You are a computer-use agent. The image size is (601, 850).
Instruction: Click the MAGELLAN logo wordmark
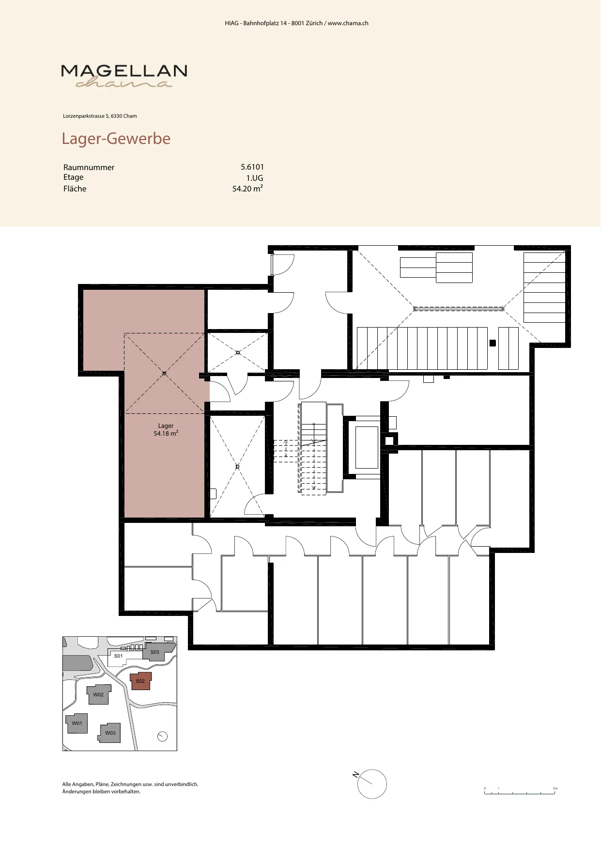coord(124,71)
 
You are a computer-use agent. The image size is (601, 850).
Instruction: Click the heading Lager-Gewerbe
coord(116,139)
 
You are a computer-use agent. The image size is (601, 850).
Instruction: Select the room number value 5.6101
coord(252,167)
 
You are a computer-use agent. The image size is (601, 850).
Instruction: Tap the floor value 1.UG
coord(255,178)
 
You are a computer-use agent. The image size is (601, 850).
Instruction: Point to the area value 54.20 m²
coord(248,189)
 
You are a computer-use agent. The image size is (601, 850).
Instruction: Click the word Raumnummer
coord(89,167)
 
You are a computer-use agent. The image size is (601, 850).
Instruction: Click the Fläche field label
coord(75,189)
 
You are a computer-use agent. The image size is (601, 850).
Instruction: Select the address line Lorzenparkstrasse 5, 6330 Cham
coord(100,116)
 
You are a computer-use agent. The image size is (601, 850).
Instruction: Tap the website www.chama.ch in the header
coord(348,23)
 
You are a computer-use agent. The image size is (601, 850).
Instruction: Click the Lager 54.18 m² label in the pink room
coord(166,430)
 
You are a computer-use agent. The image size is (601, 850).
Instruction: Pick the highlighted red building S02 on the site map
coord(141,681)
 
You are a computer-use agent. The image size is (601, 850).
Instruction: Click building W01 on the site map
coord(77,723)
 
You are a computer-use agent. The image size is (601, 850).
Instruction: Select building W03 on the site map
coord(110,733)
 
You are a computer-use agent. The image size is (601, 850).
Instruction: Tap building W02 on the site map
coord(98,694)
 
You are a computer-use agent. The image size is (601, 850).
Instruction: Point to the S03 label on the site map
coord(154,652)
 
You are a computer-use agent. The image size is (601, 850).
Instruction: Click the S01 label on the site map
coord(119,656)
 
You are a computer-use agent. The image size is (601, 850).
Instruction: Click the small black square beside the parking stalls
coord(493,343)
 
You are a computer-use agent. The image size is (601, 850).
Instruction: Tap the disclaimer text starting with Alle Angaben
coord(130,787)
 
